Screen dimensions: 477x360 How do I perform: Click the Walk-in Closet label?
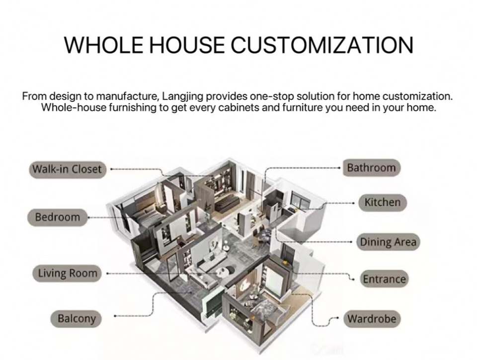click(x=67, y=169)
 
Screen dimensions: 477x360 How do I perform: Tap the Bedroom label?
click(x=57, y=217)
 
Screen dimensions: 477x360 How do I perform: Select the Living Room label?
click(x=68, y=273)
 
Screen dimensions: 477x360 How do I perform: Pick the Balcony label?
click(x=76, y=318)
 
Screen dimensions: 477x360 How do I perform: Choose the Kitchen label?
click(x=382, y=202)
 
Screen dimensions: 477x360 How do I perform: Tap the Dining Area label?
click(x=388, y=242)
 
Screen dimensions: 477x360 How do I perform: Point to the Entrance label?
click(x=384, y=279)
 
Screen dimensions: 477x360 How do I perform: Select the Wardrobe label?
click(x=372, y=318)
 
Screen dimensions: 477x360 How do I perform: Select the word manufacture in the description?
click(x=123, y=96)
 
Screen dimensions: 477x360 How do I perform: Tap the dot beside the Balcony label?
click(x=115, y=316)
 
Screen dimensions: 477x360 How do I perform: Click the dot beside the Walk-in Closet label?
click(x=110, y=169)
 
